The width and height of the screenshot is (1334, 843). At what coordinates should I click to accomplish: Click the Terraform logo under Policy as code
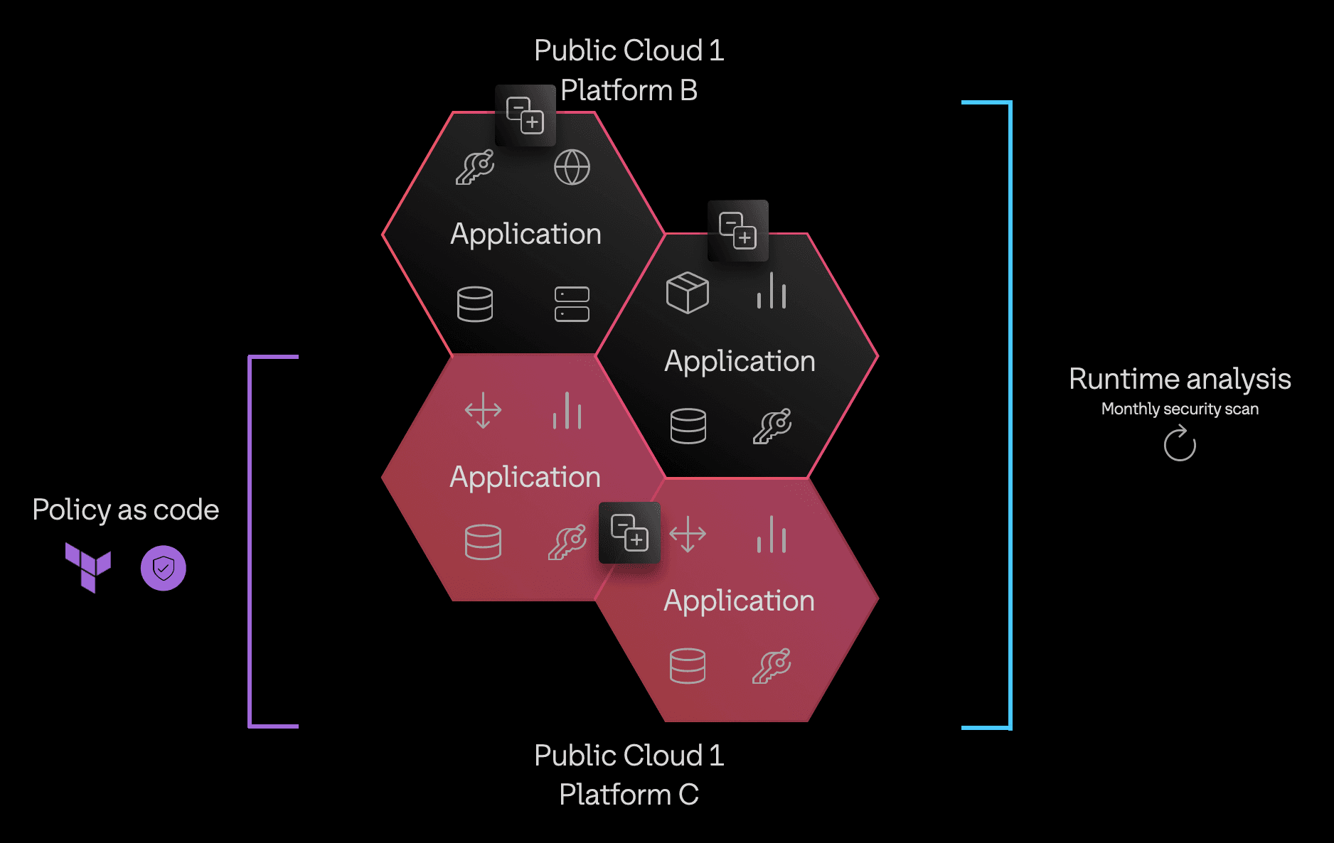point(88,567)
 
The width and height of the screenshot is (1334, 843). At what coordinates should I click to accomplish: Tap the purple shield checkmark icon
point(164,568)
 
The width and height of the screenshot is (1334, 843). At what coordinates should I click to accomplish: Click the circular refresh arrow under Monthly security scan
point(1180,444)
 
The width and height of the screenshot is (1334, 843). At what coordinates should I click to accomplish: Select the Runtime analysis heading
point(1180,379)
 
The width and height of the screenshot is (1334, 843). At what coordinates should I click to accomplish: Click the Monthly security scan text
point(1180,409)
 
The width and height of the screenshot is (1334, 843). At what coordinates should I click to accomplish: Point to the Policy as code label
point(126,510)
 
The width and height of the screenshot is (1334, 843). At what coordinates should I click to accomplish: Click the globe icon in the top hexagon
point(572,167)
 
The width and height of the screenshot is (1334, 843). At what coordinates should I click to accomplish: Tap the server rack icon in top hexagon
point(572,304)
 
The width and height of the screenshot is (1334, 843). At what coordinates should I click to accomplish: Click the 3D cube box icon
point(687,292)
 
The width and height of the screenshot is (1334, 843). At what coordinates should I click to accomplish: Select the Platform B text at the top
point(629,90)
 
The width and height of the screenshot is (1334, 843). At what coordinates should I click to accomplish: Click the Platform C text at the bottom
point(629,794)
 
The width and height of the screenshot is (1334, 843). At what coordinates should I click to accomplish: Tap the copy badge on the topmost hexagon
point(525,115)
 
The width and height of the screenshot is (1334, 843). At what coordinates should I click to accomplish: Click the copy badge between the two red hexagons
point(629,532)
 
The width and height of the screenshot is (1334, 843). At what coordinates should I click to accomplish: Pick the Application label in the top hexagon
point(525,234)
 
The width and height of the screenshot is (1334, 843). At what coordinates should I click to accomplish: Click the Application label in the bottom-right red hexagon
point(739,601)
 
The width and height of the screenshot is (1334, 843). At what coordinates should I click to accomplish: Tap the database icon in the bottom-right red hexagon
point(687,666)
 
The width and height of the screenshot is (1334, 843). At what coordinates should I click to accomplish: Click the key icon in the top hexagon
point(475,167)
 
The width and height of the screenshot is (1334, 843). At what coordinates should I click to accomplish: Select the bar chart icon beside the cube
point(772,291)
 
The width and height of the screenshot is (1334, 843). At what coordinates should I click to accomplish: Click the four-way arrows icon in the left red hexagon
point(483,410)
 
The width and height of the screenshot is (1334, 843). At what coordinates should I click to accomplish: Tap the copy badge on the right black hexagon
point(738,230)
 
